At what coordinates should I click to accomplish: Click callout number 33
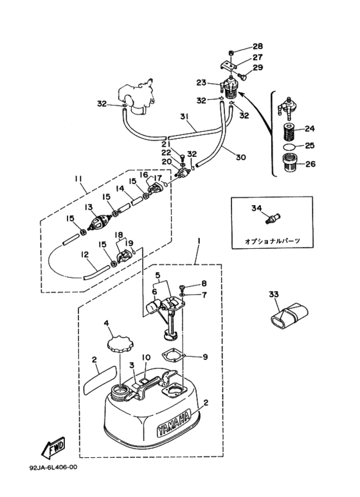pyautogui.click(x=274, y=294)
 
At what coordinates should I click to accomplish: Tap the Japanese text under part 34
pyautogui.click(x=273, y=242)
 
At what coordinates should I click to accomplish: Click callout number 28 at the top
pyautogui.click(x=258, y=46)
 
